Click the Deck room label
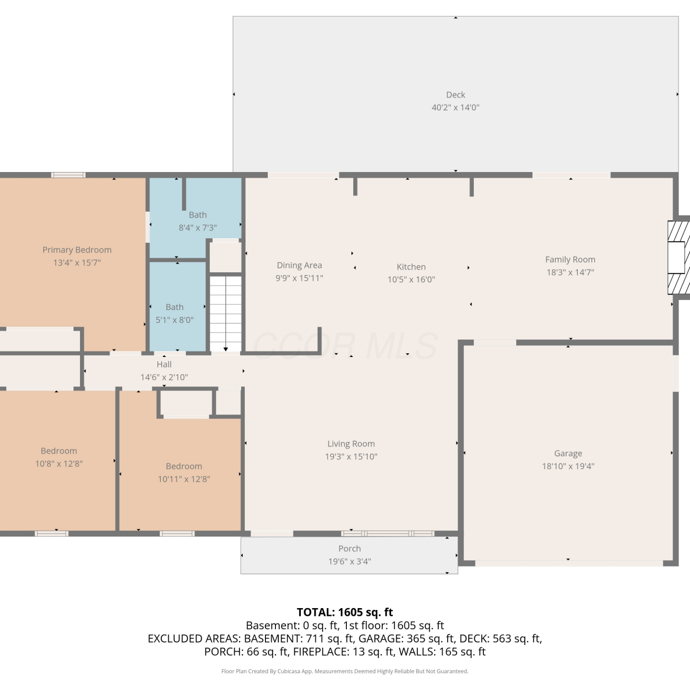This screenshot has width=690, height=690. pyautogui.click(x=455, y=95)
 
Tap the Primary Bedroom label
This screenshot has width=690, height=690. pyautogui.click(x=77, y=250)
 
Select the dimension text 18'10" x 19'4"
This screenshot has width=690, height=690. pyautogui.click(x=568, y=466)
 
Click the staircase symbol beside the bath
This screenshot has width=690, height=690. pyautogui.click(x=225, y=314)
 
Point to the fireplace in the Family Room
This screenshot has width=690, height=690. pyautogui.click(x=678, y=258)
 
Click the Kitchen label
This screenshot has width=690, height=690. pyautogui.click(x=411, y=267)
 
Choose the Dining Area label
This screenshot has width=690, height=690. pyautogui.click(x=299, y=265)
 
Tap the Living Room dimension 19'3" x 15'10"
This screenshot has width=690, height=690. pyautogui.click(x=351, y=456)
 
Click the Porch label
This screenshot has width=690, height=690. pyautogui.click(x=350, y=548)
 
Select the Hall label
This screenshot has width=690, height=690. pyautogui.click(x=164, y=364)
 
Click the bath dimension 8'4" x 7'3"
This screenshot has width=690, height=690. pyautogui.click(x=198, y=228)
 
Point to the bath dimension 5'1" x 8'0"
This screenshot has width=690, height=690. pyautogui.click(x=175, y=320)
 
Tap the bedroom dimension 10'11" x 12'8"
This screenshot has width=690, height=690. pyautogui.click(x=184, y=479)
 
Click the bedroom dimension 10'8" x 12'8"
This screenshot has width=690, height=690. pyautogui.click(x=59, y=464)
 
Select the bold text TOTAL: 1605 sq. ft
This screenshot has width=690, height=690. pyautogui.click(x=345, y=612)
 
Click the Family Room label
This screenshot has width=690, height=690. pyautogui.click(x=570, y=259)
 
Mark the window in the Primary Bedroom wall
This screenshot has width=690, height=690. pyautogui.click(x=68, y=175)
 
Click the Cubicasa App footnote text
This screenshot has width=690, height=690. pyautogui.click(x=345, y=671)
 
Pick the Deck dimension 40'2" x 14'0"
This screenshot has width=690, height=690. pyautogui.click(x=455, y=108)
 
